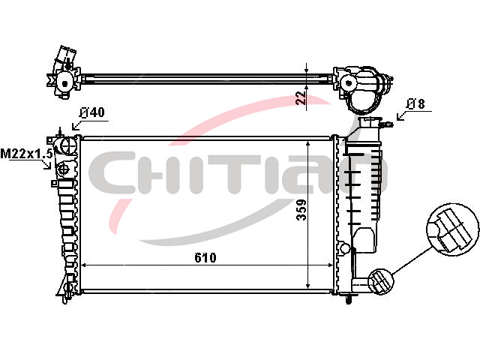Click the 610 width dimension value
tap(205, 258)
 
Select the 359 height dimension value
tap(301, 210)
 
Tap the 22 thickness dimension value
tap(301, 97)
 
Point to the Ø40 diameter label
tap(91, 112)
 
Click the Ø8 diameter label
tap(415, 104)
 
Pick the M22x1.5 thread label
tap(26, 153)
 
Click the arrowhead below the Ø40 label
tap(75, 126)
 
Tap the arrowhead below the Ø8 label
tap(400, 117)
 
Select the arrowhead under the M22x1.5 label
tap(48, 166)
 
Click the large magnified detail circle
tap(452, 229)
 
